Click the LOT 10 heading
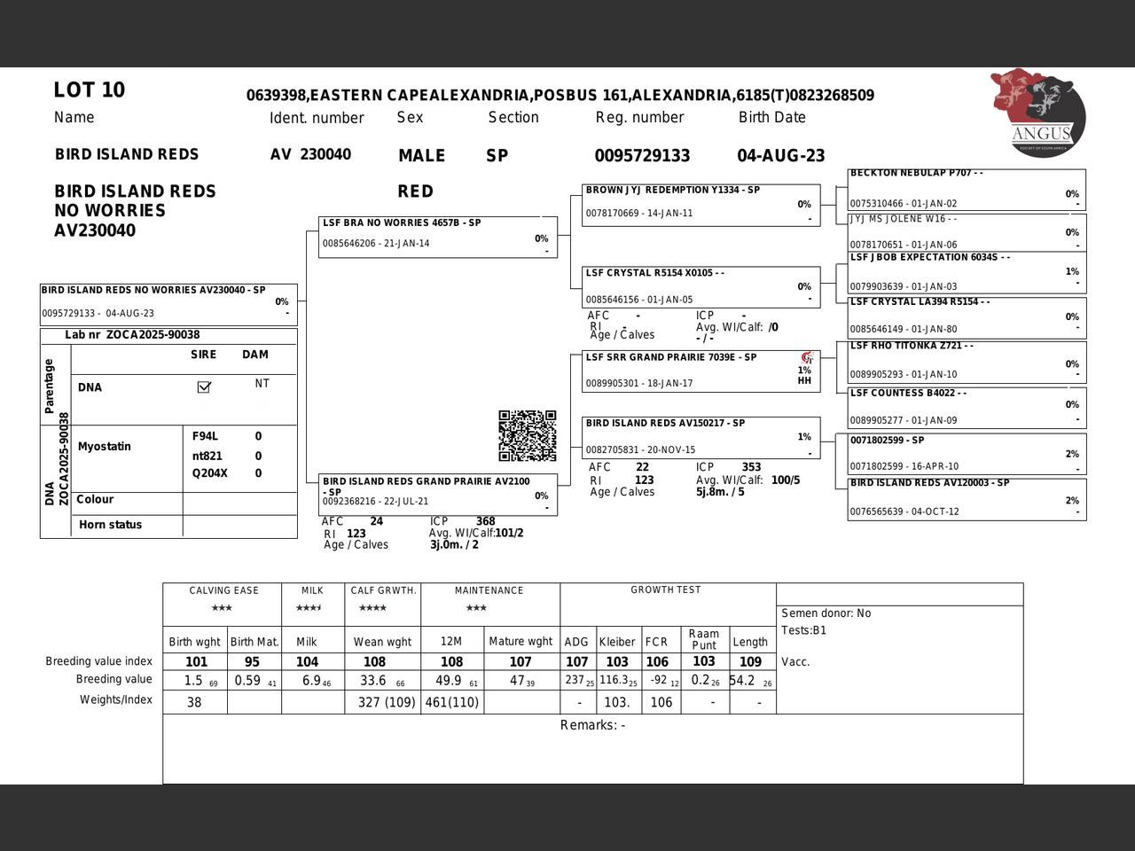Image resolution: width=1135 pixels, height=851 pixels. coord(90,90)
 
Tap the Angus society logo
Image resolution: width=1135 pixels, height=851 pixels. coord(1039,113)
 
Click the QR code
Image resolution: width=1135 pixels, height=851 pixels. coord(528,435)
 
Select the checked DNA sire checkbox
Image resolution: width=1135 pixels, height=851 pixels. coord(204,386)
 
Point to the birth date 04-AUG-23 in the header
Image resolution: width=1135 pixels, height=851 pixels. coord(780,156)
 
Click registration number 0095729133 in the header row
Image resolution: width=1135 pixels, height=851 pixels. coord(642,156)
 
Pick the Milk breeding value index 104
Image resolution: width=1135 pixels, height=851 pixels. coord(307,661)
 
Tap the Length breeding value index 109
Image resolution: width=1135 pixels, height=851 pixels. coord(750,661)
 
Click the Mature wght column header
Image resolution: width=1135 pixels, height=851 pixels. coord(521,641)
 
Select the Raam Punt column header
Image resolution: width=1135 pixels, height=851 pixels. coord(704,639)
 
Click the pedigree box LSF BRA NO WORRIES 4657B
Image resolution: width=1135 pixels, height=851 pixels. coord(438,236)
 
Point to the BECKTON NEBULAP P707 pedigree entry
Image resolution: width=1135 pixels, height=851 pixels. coord(967,188)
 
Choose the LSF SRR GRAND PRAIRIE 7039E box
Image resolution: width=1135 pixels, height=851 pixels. coord(696,371)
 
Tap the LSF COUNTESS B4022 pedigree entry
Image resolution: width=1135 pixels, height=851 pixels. coord(967,407)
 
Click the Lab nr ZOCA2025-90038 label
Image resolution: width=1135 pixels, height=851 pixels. coord(132,335)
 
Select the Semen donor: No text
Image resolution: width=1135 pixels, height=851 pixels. coord(826,613)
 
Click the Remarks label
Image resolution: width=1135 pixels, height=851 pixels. coord(592,725)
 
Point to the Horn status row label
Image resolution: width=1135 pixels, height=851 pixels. coord(110,525)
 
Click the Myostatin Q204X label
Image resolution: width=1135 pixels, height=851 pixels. coord(210,473)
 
